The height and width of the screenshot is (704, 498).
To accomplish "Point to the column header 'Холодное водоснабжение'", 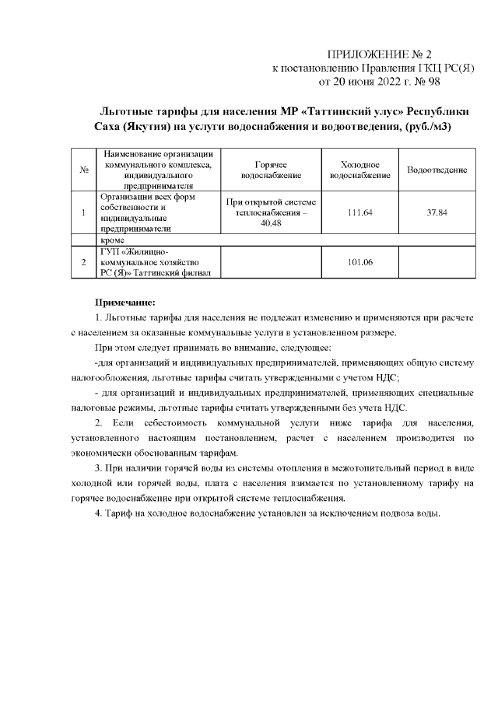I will click(360, 170).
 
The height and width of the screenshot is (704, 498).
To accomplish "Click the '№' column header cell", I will click(83, 170).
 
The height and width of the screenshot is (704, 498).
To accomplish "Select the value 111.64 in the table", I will click(360, 212).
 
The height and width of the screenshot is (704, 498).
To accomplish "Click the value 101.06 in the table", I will click(360, 262).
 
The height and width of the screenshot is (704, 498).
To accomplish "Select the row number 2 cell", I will click(83, 262).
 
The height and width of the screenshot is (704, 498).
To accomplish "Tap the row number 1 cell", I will click(83, 212).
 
